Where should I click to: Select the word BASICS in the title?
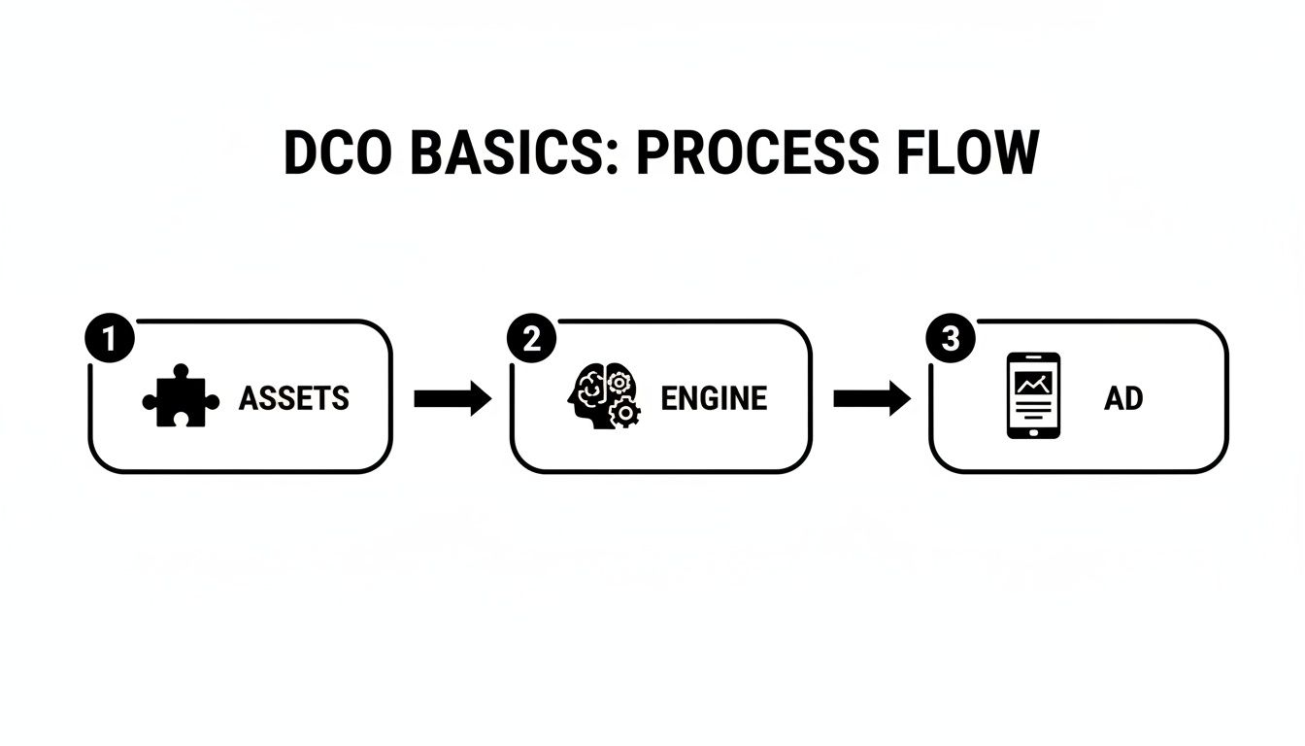(x=512, y=153)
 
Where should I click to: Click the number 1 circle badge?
(x=108, y=339)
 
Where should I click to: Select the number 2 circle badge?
(x=530, y=339)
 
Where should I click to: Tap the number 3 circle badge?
(x=950, y=339)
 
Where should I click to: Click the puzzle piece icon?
(x=181, y=397)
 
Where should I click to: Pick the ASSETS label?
(x=293, y=398)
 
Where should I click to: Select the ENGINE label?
(x=714, y=398)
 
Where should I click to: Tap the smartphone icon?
(x=1033, y=396)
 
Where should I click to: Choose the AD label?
(x=1122, y=398)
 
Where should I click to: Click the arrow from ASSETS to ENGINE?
(x=452, y=398)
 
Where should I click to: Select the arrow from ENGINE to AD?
(x=871, y=398)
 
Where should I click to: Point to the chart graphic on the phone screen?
(x=1033, y=384)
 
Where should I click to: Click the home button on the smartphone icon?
(x=1033, y=428)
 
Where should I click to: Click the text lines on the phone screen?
(x=1033, y=409)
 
